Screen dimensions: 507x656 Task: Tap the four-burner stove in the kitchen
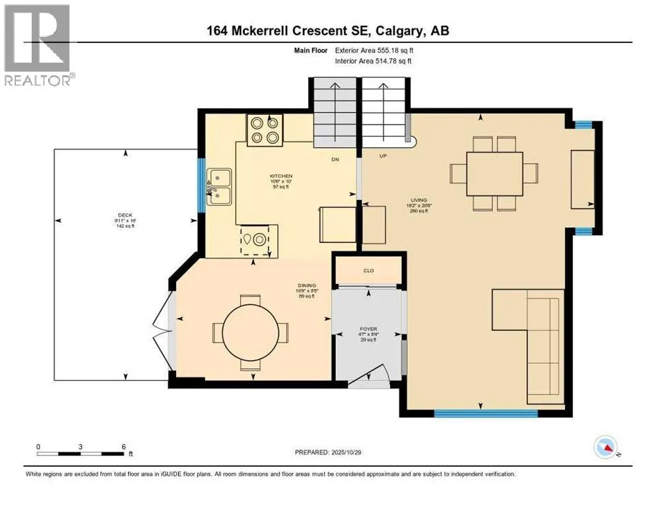(265, 129)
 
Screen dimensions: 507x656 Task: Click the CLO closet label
(368, 270)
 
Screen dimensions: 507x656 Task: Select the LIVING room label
(419, 200)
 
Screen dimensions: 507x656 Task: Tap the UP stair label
(382, 156)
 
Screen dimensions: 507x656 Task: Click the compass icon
(605, 448)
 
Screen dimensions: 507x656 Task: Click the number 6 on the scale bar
(123, 447)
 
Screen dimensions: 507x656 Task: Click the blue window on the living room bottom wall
(486, 414)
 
